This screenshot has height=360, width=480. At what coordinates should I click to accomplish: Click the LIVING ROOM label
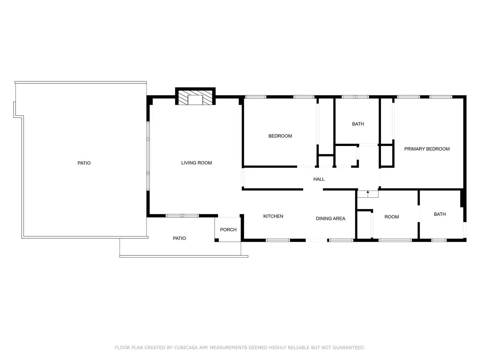(x=196, y=163)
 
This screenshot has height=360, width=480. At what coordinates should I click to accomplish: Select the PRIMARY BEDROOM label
(x=427, y=149)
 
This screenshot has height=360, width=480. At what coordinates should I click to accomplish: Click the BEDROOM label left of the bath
(x=280, y=136)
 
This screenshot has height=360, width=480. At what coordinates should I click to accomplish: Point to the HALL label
(x=319, y=179)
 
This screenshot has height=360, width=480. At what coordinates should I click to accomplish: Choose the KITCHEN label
(x=273, y=216)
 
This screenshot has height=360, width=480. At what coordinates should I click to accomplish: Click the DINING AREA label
(x=330, y=219)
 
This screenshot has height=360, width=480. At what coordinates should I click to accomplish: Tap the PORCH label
(x=228, y=230)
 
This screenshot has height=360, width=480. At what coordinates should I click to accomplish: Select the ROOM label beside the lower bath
(x=391, y=217)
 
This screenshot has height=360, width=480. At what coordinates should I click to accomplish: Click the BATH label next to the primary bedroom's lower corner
(x=439, y=214)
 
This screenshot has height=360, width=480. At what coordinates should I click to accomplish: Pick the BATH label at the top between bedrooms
(x=358, y=124)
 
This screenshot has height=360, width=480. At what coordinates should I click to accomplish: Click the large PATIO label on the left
(x=84, y=163)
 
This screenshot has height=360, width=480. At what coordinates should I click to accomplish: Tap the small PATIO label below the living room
(x=179, y=238)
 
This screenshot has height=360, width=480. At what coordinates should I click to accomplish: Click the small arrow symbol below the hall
(x=368, y=192)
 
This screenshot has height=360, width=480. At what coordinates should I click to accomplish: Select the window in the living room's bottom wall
(x=182, y=216)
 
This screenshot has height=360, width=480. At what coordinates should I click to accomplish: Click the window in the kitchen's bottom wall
(x=278, y=240)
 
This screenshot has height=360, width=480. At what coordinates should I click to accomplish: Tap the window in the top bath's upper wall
(x=355, y=97)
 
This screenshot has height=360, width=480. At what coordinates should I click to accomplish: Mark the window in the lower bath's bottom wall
(x=439, y=240)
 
